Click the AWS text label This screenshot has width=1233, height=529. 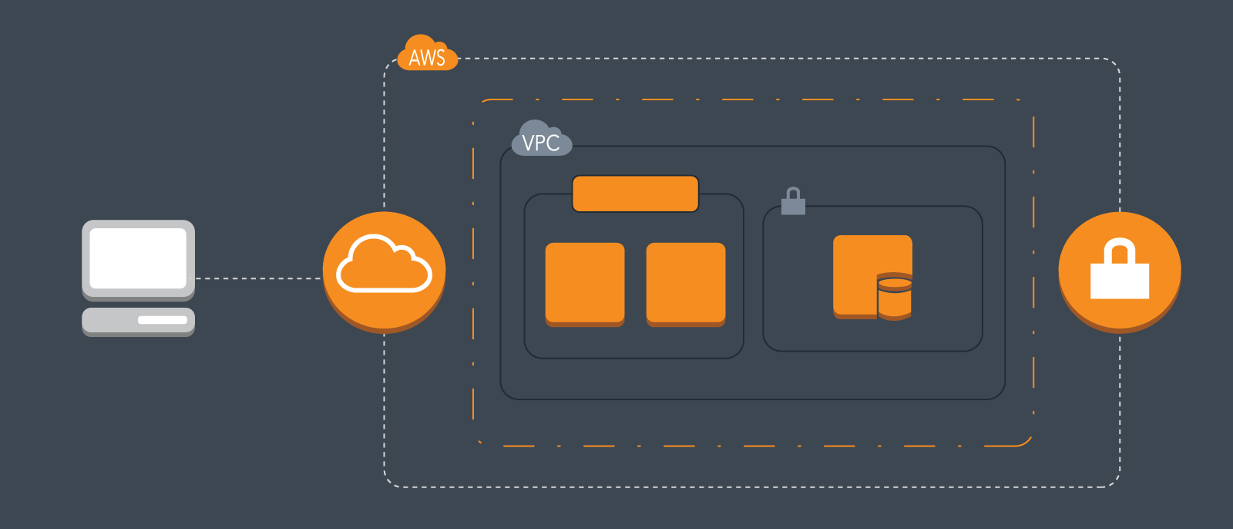pyautogui.click(x=427, y=59)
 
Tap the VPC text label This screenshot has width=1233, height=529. pyautogui.click(x=541, y=143)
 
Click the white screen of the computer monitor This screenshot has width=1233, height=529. pyautogui.click(x=138, y=258)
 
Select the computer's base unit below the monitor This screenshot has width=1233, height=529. pyautogui.click(x=138, y=321)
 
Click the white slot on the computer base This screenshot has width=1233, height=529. pyautogui.click(x=163, y=320)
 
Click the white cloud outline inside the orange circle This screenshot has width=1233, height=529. pyautogui.click(x=384, y=264)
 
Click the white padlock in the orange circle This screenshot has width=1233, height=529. pyautogui.click(x=1120, y=279)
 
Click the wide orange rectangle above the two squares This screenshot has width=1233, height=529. pyautogui.click(x=635, y=194)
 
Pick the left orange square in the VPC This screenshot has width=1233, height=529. pyautogui.click(x=585, y=284)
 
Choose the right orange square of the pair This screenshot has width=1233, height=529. pyautogui.click(x=686, y=284)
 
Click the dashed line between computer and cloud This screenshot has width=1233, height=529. pyautogui.click(x=258, y=278)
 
